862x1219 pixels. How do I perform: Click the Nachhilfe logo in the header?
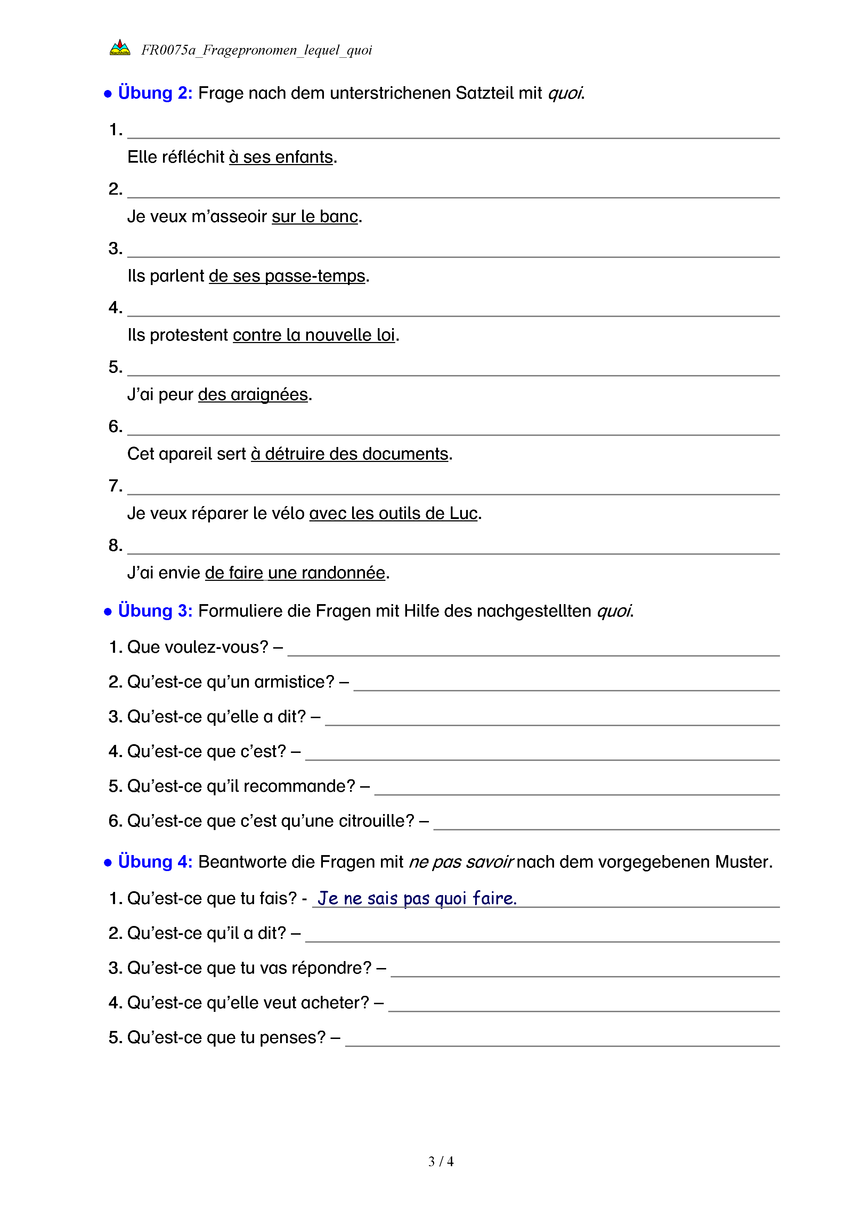point(120,48)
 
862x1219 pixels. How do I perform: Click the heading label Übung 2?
point(155,93)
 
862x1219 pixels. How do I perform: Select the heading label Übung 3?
point(155,611)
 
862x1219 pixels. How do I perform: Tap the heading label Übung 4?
point(155,861)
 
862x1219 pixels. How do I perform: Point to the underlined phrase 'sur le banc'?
point(315,217)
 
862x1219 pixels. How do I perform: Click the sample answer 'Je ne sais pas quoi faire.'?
point(417,898)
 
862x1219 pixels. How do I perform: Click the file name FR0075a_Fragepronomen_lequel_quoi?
point(257,50)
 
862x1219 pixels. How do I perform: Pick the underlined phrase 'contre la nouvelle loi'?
point(314,335)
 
